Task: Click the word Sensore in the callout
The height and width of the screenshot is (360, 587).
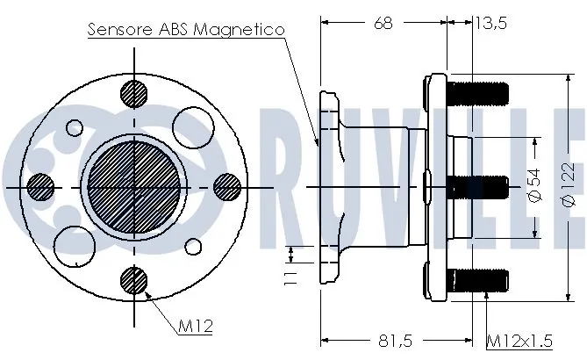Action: coord(120,29)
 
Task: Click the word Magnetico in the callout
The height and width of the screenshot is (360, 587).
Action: coord(239,29)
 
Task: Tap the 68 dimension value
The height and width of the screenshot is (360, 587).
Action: coord(383,23)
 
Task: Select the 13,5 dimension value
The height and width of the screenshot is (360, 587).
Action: coord(491,23)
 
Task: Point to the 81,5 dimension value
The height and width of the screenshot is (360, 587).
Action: coord(396,341)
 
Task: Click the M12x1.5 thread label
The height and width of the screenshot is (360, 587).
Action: coord(519,341)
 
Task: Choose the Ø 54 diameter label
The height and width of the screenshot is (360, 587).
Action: coord(535,185)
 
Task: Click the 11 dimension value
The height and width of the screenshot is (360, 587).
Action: coord(291,278)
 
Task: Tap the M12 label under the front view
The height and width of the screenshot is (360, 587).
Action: coord(195,327)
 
